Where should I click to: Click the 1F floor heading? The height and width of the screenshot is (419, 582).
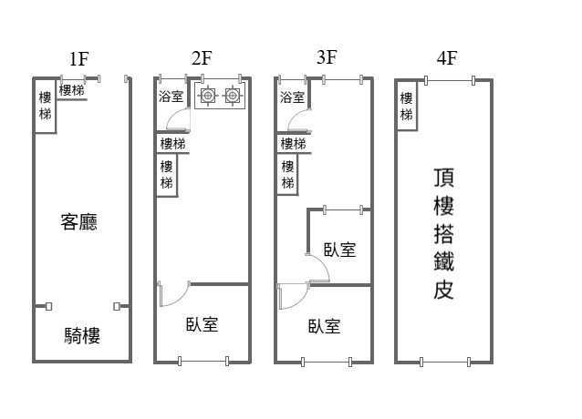pos(78,59)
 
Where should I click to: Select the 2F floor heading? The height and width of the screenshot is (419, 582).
pos(202,59)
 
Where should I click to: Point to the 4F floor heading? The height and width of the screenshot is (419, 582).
pos(446,59)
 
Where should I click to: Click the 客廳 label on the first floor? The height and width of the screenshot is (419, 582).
pos(78,222)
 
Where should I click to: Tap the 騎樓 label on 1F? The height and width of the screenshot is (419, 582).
pos(81,336)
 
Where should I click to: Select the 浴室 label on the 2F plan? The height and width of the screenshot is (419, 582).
pos(171,96)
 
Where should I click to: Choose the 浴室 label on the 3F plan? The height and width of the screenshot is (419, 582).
pos(292,97)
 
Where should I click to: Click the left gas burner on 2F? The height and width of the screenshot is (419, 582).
pos(208,95)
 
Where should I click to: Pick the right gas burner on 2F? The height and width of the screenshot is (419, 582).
pos(233,95)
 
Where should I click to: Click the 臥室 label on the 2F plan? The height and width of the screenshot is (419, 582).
pos(202,324)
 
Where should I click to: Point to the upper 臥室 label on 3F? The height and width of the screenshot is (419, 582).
pos(339,250)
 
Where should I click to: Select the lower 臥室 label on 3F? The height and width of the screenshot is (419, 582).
pos(324,326)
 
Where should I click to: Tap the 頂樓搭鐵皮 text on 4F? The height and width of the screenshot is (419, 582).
pos(444,233)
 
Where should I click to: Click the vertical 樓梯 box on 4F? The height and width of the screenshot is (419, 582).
pos(406,107)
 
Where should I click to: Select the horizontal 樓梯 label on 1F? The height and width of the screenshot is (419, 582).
pos(72,90)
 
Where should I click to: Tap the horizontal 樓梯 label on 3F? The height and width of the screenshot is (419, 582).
pos(293,144)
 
